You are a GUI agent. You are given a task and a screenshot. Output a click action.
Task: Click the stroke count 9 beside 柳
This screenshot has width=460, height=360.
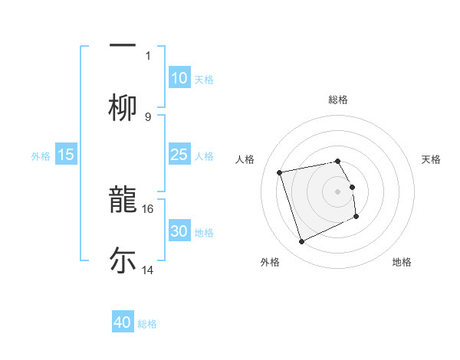point(148,116)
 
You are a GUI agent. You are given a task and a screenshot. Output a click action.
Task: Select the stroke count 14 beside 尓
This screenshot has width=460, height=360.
point(148,270)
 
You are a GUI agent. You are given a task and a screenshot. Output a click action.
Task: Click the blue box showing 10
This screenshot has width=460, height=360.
point(179,78)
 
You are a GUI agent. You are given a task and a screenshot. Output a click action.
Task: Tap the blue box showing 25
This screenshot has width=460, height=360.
point(179,155)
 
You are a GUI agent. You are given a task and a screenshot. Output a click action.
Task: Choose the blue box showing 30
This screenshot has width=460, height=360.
point(179,231)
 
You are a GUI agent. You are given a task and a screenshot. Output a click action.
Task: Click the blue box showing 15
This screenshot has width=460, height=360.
point(66,155)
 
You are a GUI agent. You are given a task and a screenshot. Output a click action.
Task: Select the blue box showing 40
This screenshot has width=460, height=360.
point(123,322)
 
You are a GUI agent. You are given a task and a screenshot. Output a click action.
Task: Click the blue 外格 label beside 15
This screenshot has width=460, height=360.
point(41,155)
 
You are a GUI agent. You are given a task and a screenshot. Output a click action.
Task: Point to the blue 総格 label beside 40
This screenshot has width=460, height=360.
point(147,324)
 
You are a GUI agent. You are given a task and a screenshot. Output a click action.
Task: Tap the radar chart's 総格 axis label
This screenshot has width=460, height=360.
point(338,100)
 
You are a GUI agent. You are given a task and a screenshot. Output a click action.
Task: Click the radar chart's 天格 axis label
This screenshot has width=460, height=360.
point(431,159)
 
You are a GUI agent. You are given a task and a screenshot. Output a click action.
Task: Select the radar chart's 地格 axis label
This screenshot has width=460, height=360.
point(402,262)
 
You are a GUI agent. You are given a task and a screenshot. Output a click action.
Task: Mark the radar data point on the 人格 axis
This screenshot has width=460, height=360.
point(280,172)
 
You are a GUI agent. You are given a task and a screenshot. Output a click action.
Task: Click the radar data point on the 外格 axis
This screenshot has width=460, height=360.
point(301,242)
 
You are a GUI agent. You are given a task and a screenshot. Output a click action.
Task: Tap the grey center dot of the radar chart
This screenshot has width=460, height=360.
point(338,191)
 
